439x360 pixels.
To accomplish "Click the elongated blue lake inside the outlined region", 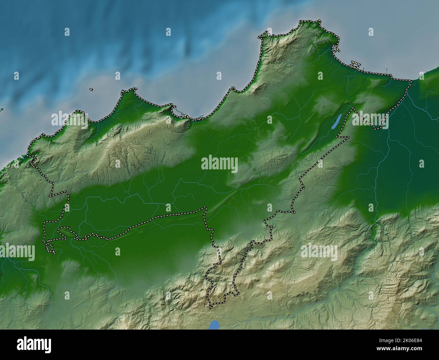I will [335, 122].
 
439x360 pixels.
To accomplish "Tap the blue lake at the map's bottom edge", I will [214, 325].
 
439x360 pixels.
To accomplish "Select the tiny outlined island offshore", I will [91, 90].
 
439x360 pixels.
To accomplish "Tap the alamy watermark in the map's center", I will [219, 164].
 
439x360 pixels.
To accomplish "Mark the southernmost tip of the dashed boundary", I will [211, 308].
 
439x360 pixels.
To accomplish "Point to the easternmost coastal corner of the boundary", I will [411, 80].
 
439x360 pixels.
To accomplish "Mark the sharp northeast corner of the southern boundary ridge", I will [205, 208].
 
